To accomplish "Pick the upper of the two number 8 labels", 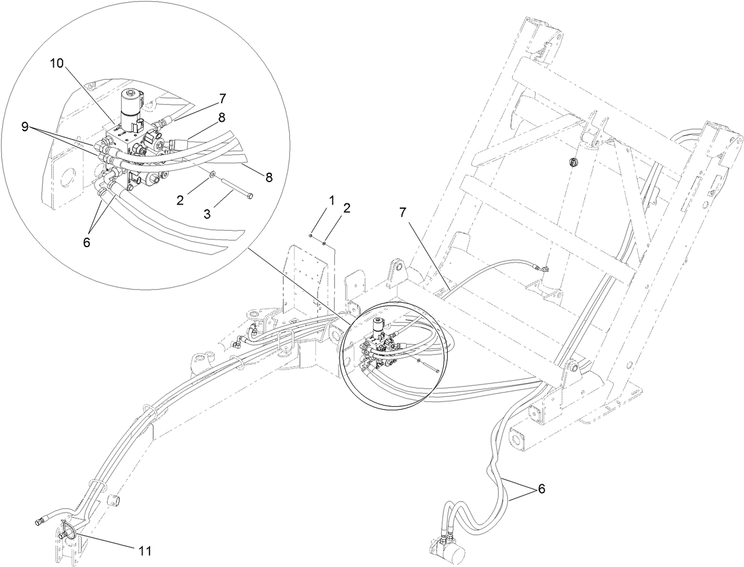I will [x=221, y=118].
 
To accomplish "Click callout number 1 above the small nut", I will [x=331, y=201].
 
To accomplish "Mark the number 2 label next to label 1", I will [x=347, y=208].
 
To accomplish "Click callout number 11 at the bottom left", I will [x=145, y=551].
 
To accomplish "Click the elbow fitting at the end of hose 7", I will [x=541, y=269].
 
